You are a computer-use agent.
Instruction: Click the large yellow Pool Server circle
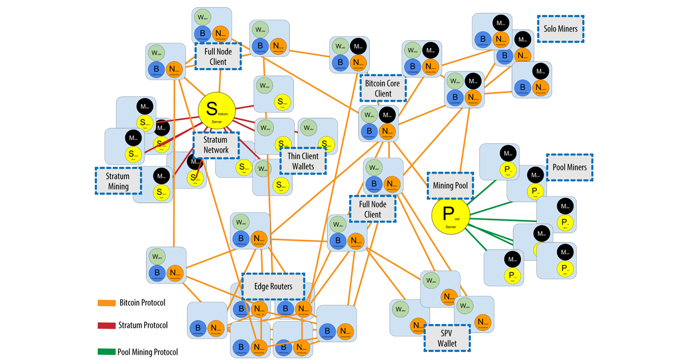click(450, 216)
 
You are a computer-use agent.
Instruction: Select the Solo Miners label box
click(560, 29)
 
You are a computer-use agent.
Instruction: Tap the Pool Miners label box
click(569, 167)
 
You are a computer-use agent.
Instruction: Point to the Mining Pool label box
click(450, 186)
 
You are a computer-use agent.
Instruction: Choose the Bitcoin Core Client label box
click(383, 88)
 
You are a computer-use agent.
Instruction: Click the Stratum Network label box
click(216, 145)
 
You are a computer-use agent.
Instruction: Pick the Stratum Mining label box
click(118, 181)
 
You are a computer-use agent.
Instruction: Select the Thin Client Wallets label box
click(302, 161)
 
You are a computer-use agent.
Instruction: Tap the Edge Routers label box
click(273, 286)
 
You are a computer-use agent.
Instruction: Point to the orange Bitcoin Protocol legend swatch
click(106, 303)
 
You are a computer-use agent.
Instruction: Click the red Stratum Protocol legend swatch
click(106, 326)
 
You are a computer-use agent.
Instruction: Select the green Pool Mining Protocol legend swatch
click(106, 352)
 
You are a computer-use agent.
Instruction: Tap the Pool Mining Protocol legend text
click(147, 352)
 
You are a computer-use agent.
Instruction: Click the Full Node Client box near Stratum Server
click(218, 56)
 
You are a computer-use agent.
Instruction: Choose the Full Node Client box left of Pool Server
click(373, 209)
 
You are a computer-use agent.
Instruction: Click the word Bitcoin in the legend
click(133, 303)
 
